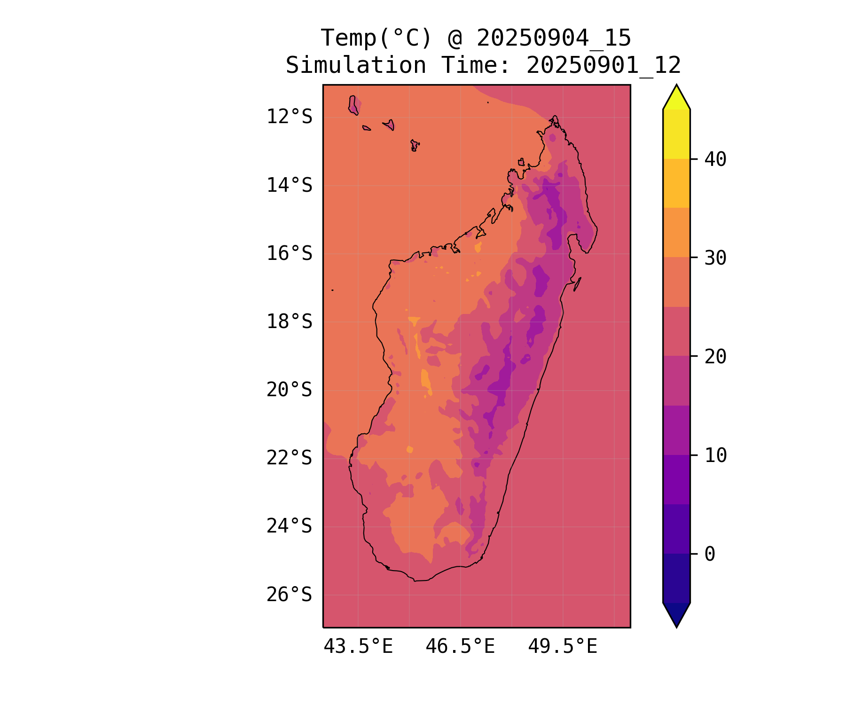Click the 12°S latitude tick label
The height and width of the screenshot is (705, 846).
[289, 117]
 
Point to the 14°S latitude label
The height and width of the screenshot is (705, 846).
[289, 185]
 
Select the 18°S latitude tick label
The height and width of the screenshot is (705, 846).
[289, 322]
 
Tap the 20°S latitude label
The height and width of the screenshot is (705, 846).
[289, 390]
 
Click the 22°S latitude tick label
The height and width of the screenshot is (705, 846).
[289, 458]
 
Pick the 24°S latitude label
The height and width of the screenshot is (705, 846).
[289, 526]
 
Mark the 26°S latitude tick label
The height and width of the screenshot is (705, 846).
[289, 595]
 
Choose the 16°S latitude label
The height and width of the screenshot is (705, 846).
[289, 254]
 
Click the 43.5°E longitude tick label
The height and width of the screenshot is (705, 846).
[358, 647]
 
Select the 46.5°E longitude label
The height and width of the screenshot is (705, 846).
[460, 647]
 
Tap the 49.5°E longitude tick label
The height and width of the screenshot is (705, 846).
[563, 647]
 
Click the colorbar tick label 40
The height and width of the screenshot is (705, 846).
[715, 159]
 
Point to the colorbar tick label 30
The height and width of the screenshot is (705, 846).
[715, 258]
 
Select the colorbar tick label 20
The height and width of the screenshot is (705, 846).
[715, 357]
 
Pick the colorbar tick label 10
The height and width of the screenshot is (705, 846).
[715, 455]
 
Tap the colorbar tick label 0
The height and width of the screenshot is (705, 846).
[710, 554]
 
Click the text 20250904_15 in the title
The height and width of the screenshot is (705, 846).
[554, 38]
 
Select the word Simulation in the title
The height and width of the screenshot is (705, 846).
[356, 65]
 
